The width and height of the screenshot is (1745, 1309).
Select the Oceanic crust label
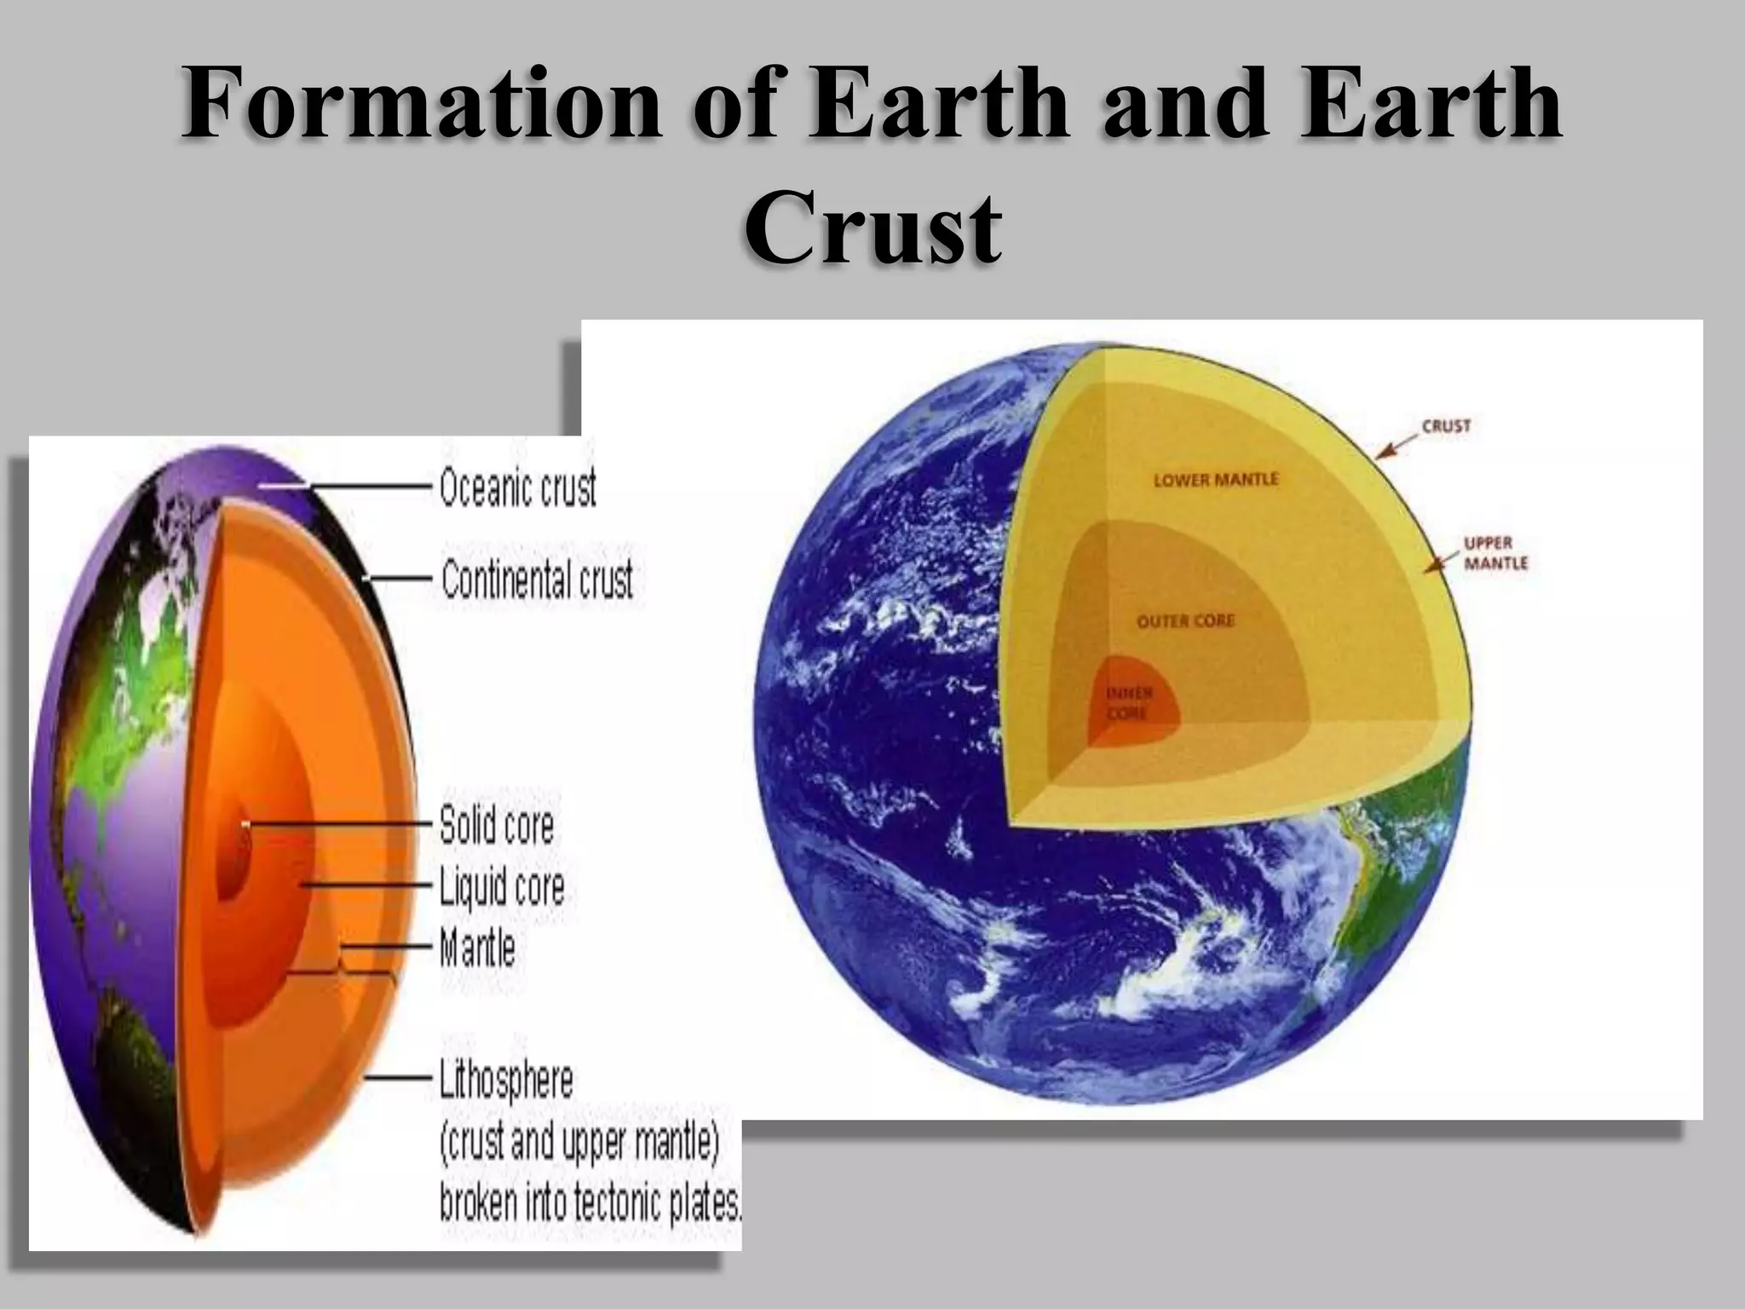[x=518, y=489]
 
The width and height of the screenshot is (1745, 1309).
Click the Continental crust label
[x=537, y=581]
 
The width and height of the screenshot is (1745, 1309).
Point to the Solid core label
[x=497, y=826]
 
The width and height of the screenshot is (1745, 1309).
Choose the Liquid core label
[x=502, y=887]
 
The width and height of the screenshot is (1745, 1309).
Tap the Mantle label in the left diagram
[x=477, y=948]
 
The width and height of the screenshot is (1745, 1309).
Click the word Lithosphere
[x=506, y=1080]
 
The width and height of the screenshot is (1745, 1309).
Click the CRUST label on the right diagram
[x=1446, y=425]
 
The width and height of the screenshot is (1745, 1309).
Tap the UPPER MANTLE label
[x=1495, y=553]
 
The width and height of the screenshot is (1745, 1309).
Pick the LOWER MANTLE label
[x=1216, y=480]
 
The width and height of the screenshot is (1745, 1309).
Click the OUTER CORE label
[x=1185, y=620]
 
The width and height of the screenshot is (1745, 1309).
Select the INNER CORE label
[x=1128, y=704]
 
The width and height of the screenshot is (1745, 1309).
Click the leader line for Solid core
[x=341, y=825]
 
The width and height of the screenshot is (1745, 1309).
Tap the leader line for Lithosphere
[x=400, y=1078]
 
